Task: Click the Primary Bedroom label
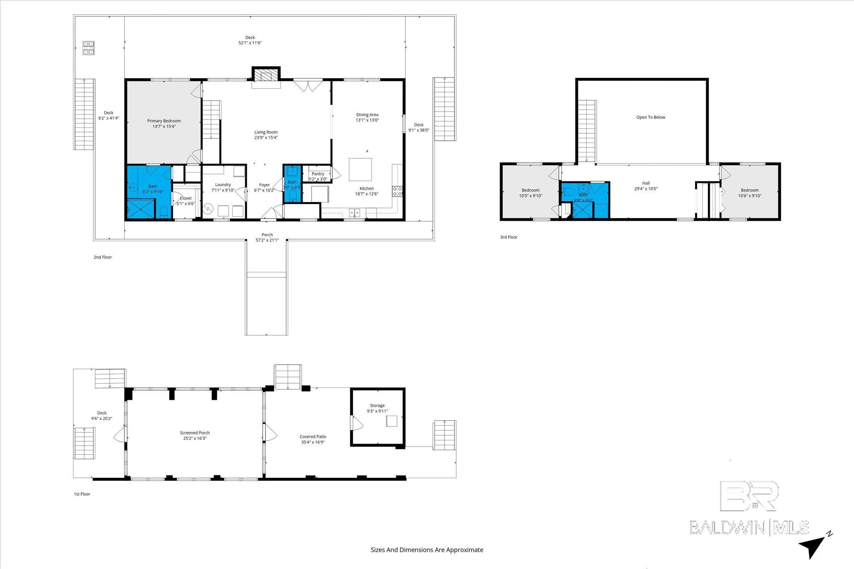coord(164,121)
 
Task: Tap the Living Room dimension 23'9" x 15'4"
coord(266,137)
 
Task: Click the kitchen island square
coord(360,170)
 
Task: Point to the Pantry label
coord(318,174)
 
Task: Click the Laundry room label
coord(223,185)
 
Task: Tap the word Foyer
coord(264,185)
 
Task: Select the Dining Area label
coord(367,115)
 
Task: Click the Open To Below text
coord(651,117)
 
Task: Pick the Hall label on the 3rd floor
coord(646,183)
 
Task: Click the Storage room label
coord(377,405)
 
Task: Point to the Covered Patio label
coord(313,437)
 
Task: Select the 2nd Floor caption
coord(103,257)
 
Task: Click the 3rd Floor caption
coord(509,237)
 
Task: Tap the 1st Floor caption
coord(82,494)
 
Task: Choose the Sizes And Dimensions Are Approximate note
coord(427,550)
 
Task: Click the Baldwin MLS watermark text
coord(749,527)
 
